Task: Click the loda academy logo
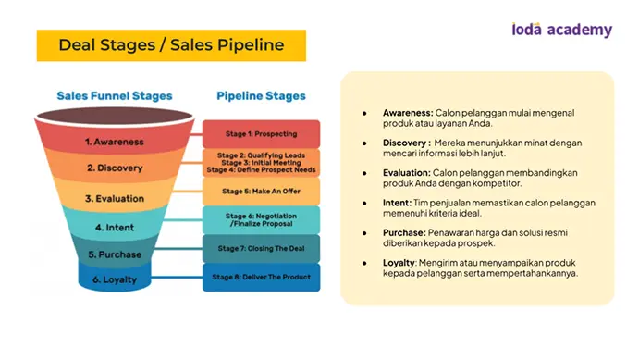pyautogui.click(x=562, y=30)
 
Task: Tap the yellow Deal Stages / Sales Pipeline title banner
pyautogui.click(x=171, y=45)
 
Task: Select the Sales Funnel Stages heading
pyautogui.click(x=115, y=96)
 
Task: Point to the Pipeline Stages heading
pyautogui.click(x=261, y=96)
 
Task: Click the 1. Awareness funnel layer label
pyautogui.click(x=115, y=142)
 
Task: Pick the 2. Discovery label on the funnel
pyautogui.click(x=115, y=168)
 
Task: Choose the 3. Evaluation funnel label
pyautogui.click(x=115, y=199)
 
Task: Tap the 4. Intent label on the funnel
pyautogui.click(x=115, y=228)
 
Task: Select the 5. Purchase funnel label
pyautogui.click(x=115, y=254)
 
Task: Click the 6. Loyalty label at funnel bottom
pyautogui.click(x=115, y=279)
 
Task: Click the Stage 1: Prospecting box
pyautogui.click(x=261, y=133)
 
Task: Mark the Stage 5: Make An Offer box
pyautogui.click(x=261, y=192)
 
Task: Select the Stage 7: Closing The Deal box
pyautogui.click(x=261, y=248)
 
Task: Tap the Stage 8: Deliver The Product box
pyautogui.click(x=261, y=278)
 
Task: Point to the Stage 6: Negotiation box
pyautogui.click(x=261, y=219)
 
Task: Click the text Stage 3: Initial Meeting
pyautogui.click(x=261, y=163)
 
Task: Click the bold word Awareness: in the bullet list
pyautogui.click(x=408, y=113)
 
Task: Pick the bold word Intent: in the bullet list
pyautogui.click(x=397, y=203)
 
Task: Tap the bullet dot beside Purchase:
pyautogui.click(x=364, y=233)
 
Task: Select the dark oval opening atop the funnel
pyautogui.click(x=115, y=116)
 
